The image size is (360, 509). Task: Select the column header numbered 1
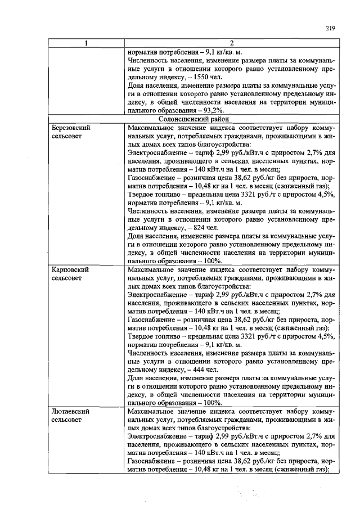coord(86,43)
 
